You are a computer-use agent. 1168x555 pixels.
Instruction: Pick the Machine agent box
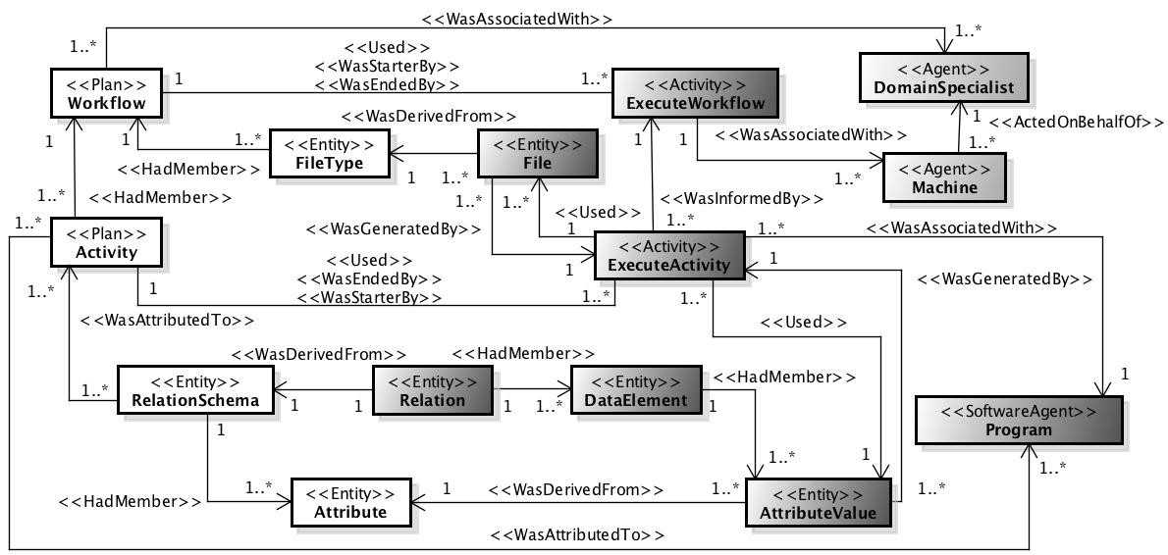click(x=944, y=177)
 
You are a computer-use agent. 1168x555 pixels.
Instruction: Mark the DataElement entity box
click(x=636, y=389)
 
